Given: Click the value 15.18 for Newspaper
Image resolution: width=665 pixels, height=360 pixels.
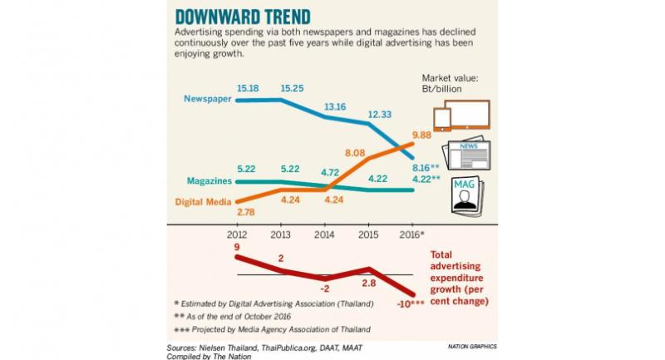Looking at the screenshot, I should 249,86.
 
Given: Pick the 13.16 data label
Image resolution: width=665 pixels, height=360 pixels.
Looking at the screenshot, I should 335,106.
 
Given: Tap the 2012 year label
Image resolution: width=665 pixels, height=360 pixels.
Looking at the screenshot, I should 238,234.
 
